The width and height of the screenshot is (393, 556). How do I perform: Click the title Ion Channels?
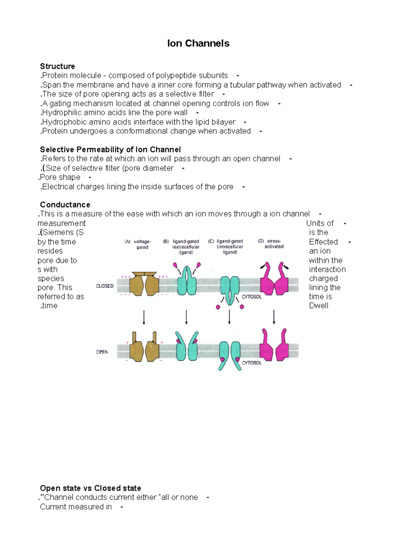(x=198, y=43)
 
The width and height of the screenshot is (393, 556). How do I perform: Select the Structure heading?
(x=57, y=66)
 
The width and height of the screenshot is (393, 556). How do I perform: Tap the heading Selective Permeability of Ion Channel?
(x=110, y=150)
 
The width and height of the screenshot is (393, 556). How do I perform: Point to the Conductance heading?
(x=65, y=205)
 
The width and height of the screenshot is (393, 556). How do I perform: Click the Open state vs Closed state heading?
(x=90, y=488)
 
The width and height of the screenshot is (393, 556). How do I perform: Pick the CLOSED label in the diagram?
(x=104, y=286)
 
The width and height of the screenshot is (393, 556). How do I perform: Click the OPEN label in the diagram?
(x=102, y=352)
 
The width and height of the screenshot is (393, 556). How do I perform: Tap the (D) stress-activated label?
(x=271, y=244)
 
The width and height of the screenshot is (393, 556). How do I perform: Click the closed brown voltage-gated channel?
(x=144, y=284)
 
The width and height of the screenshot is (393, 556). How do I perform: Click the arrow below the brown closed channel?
(x=144, y=318)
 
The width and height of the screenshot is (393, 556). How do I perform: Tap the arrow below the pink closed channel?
(x=274, y=317)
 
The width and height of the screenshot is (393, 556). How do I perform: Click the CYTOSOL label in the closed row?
(x=252, y=297)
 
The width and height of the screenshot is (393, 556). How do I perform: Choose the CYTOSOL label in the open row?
(x=252, y=363)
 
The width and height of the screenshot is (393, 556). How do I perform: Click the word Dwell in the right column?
(x=318, y=306)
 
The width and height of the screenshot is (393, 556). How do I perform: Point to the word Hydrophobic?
(x=62, y=122)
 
